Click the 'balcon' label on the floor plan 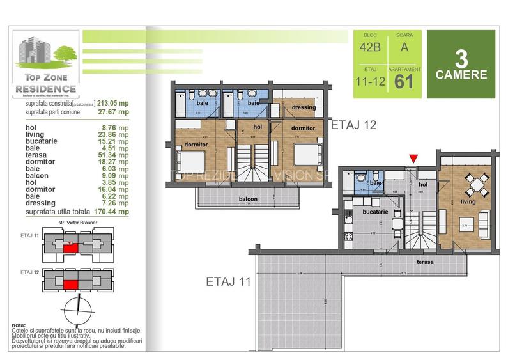tap(249, 199)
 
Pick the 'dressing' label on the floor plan tap(304, 107)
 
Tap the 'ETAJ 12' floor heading tap(353, 125)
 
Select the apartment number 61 tap(404, 81)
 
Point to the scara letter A tap(404, 46)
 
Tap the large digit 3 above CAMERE tap(461, 58)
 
